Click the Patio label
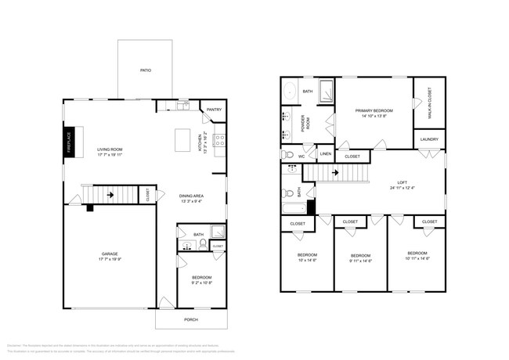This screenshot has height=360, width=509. point(145,70)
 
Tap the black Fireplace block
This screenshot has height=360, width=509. point(68,142)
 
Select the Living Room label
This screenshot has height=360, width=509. point(110,149)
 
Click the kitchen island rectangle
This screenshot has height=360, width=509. point(185,141)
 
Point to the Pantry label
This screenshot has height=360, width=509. point(214,110)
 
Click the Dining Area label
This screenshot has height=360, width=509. point(191,196)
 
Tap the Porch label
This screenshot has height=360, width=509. point(190,319)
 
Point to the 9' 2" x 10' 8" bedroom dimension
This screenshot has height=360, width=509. point(202,283)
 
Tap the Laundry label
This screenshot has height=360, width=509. point(428,139)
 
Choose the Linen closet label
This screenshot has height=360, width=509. point(326,153)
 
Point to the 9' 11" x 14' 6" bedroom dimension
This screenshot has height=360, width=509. point(360,261)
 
